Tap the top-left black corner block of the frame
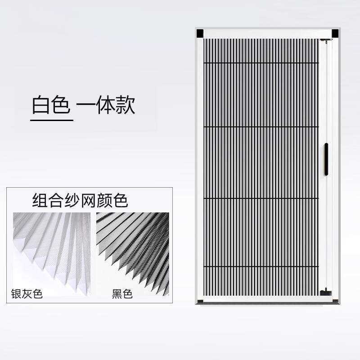click(x=200, y=33)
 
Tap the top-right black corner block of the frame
click(x=335, y=33)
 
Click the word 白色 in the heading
click(x=51, y=106)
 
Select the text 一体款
click(x=106, y=106)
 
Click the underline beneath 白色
click(x=52, y=120)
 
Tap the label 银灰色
click(x=27, y=294)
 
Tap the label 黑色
click(x=122, y=294)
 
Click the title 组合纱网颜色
click(x=80, y=200)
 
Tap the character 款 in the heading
click(x=126, y=106)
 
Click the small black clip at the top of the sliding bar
click(x=326, y=41)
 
